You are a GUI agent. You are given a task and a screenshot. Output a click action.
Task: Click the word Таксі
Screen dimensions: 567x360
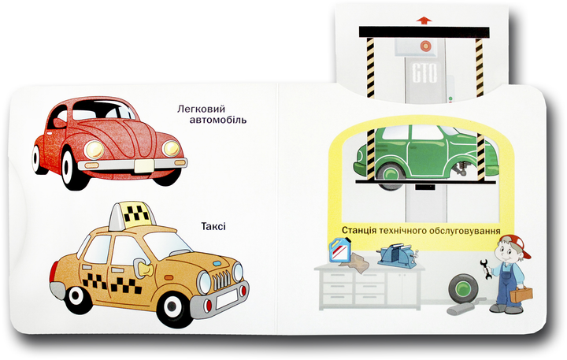point(213,227)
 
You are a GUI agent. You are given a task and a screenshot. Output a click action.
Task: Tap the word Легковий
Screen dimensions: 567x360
point(201,109)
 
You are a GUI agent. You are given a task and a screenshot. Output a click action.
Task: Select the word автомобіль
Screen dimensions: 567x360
point(218,120)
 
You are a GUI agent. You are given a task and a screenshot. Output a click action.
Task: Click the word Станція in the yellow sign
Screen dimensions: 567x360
point(359,231)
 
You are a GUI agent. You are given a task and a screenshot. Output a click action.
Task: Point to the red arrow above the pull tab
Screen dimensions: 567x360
point(424,20)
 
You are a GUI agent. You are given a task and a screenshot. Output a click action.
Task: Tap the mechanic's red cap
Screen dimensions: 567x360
point(517,243)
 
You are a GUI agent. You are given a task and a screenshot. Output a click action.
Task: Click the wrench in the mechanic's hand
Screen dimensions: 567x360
point(487,269)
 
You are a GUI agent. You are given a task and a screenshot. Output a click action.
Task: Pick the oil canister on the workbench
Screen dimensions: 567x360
point(340,250)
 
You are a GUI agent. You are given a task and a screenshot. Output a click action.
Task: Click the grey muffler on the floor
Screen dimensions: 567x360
point(465,306)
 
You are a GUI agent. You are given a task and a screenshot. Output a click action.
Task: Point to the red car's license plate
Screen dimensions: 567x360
point(144,166)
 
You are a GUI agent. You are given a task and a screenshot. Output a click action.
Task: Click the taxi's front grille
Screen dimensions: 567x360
point(221,280)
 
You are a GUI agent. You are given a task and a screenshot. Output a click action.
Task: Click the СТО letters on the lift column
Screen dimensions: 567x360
point(424,73)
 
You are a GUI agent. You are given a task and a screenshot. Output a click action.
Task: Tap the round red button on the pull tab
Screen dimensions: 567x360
point(425,46)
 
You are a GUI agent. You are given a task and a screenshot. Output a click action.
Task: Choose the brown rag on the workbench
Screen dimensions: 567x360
point(355,262)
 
